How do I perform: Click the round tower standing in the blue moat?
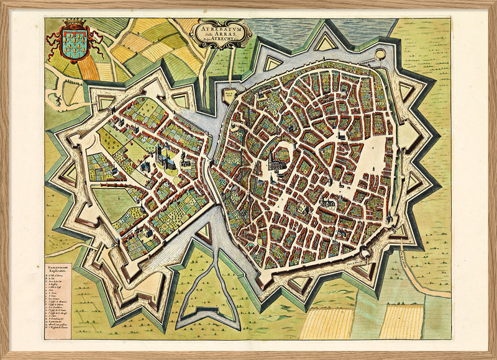click(380, 55)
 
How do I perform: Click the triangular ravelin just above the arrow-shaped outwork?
click(206, 233)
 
